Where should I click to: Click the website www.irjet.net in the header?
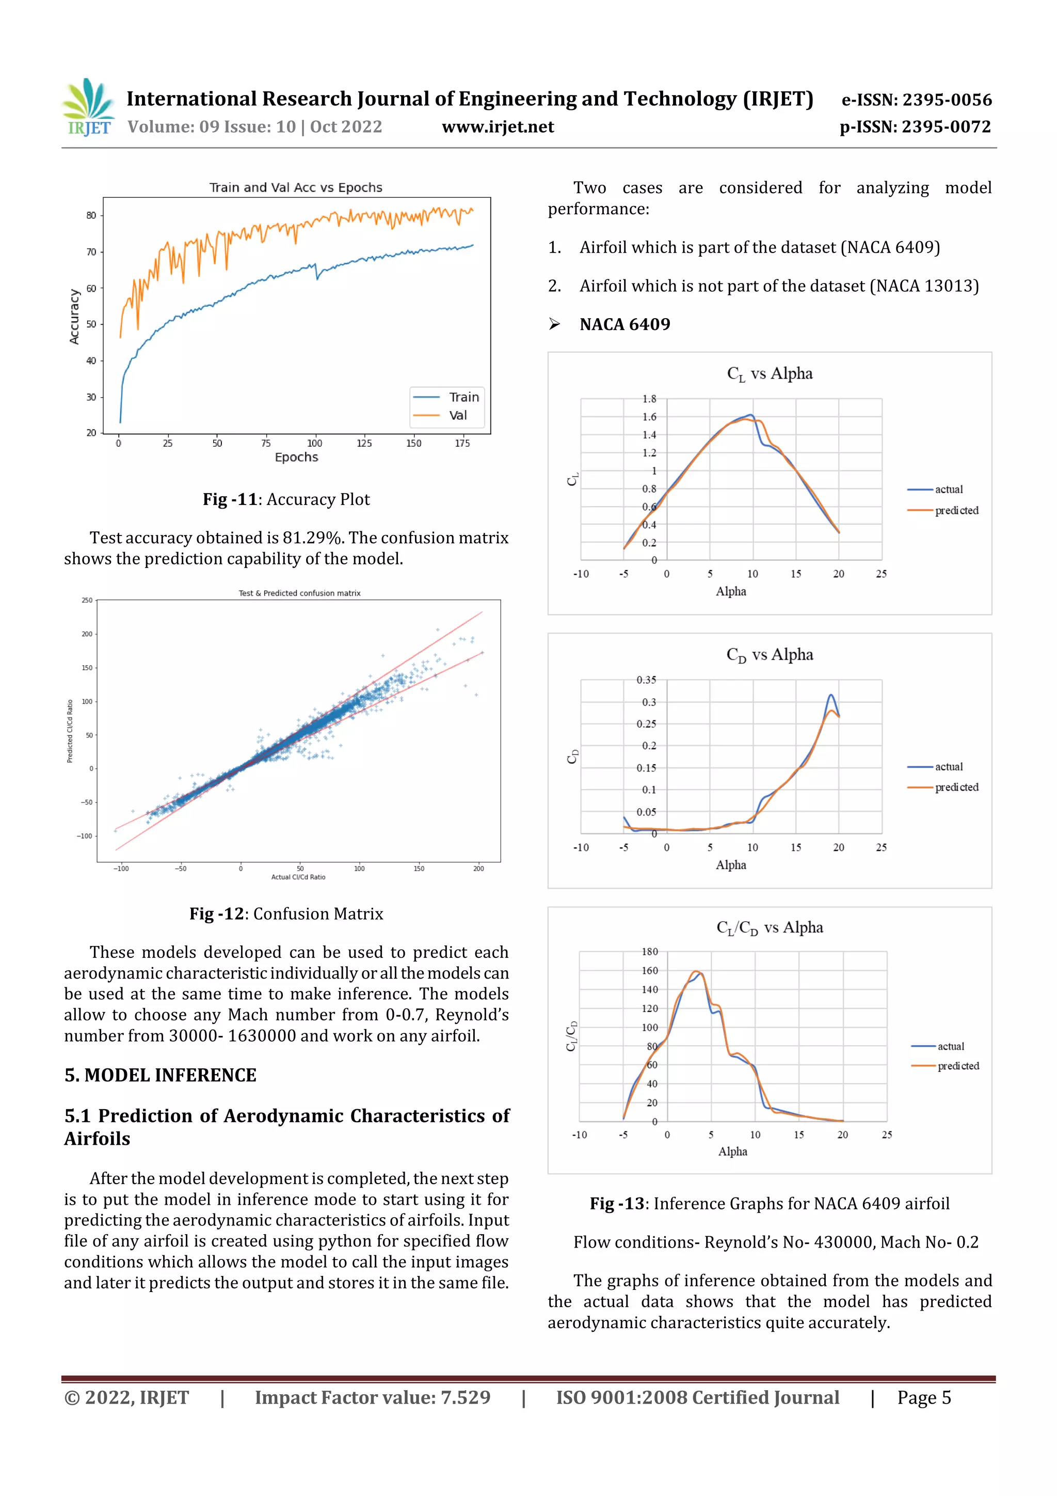[x=498, y=127]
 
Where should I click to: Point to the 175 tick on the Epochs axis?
[x=462, y=444]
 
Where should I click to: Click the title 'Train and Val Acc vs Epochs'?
[x=296, y=187]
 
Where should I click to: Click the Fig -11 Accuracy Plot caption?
[x=286, y=499]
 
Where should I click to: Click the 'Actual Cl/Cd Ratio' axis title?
[x=298, y=877]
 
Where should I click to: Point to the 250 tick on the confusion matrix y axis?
[x=87, y=600]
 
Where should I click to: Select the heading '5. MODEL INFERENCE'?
[x=160, y=1075]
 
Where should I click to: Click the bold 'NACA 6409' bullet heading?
[x=624, y=324]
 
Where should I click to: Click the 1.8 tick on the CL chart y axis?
[x=649, y=399]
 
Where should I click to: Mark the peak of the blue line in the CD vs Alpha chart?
[x=831, y=695]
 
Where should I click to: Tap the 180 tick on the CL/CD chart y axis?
[x=649, y=952]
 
